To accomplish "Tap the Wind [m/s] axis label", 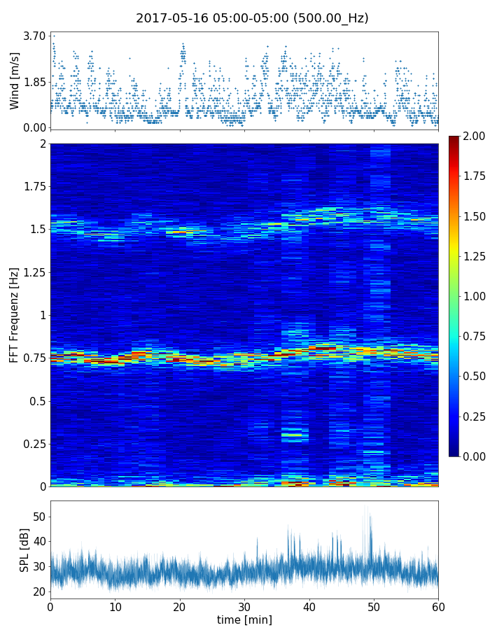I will tap(15, 80).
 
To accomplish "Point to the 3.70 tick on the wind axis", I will tap(34, 36).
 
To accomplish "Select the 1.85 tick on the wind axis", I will tap(34, 82).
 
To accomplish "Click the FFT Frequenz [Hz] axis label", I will tap(14, 315).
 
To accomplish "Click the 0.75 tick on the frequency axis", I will tap(34, 358).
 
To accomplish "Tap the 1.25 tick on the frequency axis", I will tap(34, 272).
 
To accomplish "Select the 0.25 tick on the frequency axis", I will tap(34, 444).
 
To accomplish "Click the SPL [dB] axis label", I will tap(24, 550).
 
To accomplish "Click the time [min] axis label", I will tap(244, 619).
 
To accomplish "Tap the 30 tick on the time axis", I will tap(244, 606).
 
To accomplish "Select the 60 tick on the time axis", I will tap(438, 606).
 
